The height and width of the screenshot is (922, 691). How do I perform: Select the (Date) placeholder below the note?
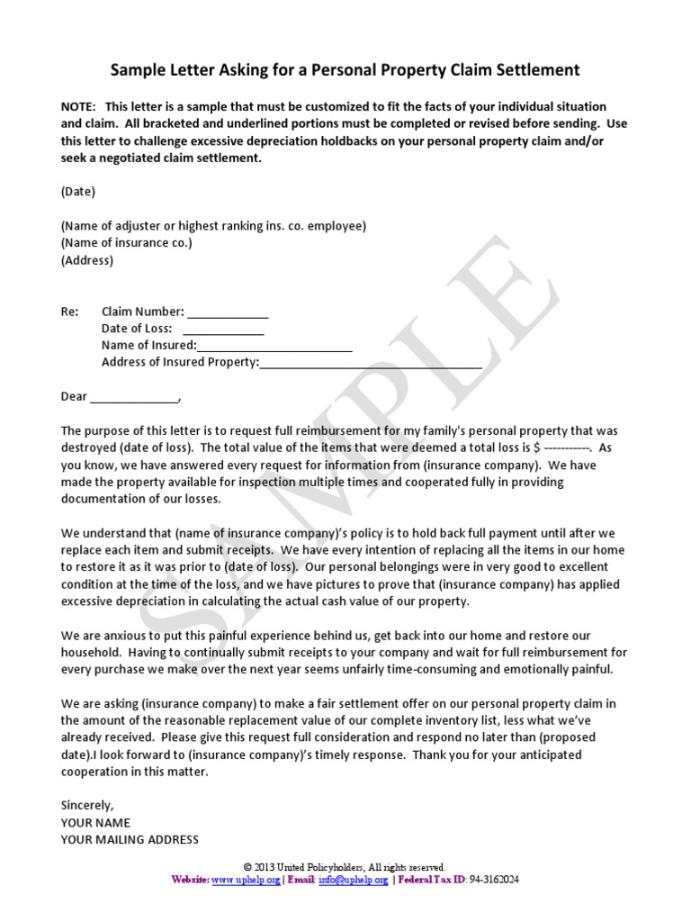[78, 192]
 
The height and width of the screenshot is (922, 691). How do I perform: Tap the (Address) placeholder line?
[87, 260]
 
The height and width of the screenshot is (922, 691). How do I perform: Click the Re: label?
[70, 312]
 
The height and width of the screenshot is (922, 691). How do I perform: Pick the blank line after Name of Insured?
[274, 347]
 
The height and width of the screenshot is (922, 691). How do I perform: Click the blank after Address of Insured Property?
[371, 364]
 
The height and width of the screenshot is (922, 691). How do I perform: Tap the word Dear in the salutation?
[74, 396]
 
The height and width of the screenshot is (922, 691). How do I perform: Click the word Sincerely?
[87, 805]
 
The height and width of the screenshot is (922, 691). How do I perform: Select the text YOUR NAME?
[95, 822]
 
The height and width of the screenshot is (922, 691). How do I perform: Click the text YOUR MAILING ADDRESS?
[130, 839]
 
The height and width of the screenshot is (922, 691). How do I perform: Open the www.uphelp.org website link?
[246, 880]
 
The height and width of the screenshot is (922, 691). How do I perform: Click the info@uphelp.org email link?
[354, 880]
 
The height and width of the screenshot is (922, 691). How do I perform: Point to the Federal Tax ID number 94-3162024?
[495, 880]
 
